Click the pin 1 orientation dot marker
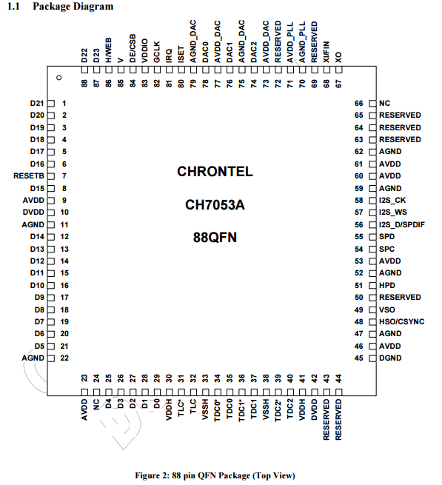59,78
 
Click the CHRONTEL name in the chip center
215,172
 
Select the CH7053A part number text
215,205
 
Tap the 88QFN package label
215,238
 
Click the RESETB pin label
29,176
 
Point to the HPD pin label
387,286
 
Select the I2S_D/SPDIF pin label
402,225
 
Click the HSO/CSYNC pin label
401,321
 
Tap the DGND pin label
390,358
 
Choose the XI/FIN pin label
327,53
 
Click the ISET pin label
181,55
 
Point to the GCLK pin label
157,53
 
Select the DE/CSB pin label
133,49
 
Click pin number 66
359,104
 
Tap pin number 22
64,358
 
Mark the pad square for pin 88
84,70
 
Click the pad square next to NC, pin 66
372,104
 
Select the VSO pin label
387,310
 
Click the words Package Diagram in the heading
73,7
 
